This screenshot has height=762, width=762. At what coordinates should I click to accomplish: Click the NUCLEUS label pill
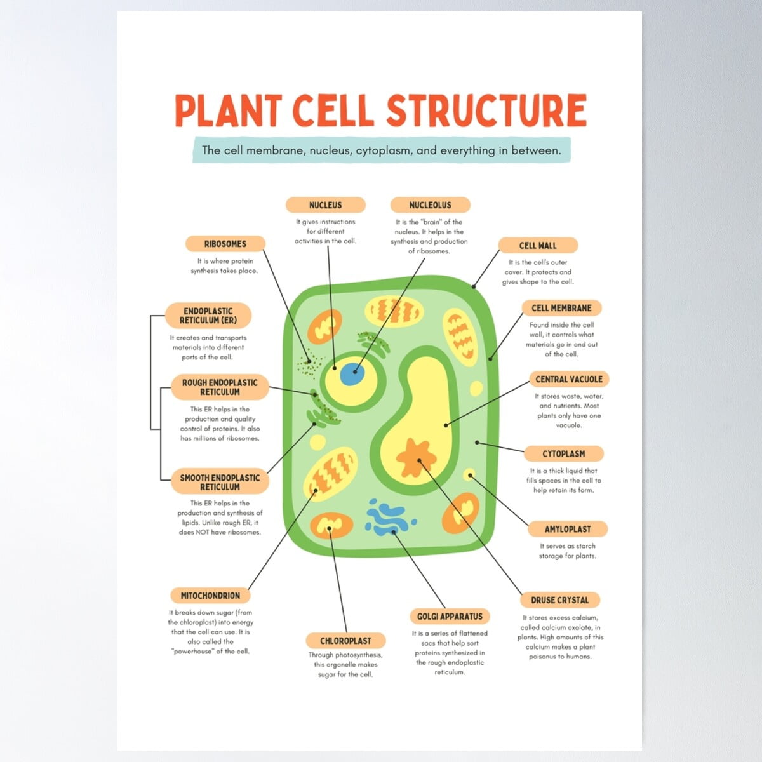coord(325,205)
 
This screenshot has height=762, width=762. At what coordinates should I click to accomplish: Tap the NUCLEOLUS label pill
coord(430,205)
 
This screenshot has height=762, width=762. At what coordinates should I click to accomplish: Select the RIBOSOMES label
coord(225,244)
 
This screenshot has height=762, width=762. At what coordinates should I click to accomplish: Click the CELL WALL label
coord(537,246)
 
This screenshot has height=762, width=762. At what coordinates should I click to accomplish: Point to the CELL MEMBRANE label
coord(561,308)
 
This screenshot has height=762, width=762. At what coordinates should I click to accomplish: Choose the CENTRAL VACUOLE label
coord(568,379)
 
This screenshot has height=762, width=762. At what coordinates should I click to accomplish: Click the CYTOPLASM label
coord(563,454)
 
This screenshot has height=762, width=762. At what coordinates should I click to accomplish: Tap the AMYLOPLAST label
coord(567,529)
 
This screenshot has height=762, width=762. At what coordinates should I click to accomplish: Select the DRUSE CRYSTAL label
coord(559,600)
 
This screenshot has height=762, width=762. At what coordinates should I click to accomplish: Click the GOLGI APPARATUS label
coord(450,617)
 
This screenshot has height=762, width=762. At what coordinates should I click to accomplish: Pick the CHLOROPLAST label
coord(345,641)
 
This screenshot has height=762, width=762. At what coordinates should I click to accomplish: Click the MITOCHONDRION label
coord(210,596)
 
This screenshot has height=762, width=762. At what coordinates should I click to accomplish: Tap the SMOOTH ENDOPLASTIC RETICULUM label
coord(220,482)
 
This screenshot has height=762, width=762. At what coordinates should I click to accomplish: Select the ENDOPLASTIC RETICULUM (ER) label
coord(208,316)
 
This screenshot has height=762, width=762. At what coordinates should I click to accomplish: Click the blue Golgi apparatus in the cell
coord(389,518)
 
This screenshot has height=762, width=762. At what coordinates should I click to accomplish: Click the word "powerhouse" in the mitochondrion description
coord(194,652)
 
